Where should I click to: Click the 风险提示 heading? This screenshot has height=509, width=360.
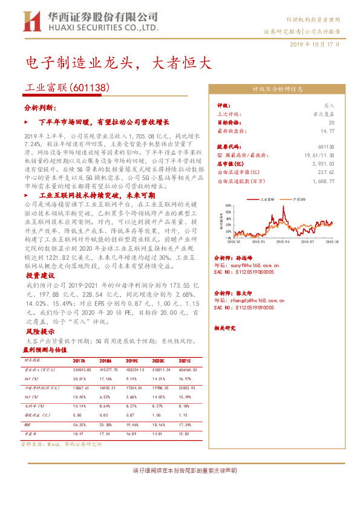[40, 331]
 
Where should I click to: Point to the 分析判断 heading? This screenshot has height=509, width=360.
[40, 107]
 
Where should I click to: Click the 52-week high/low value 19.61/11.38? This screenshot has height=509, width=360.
[321, 155]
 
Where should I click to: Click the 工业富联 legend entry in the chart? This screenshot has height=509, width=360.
[267, 198]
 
